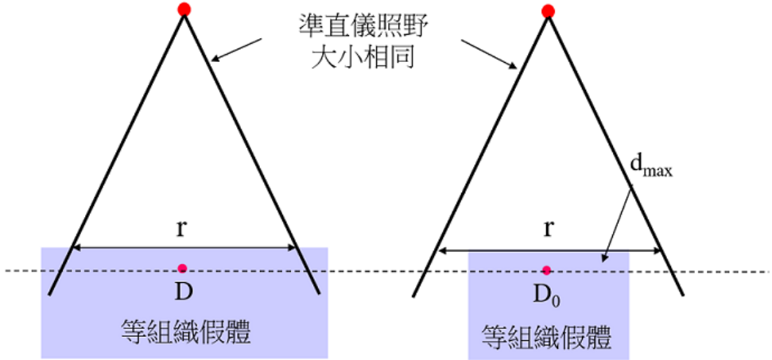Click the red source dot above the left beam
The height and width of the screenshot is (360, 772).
tap(184, 9)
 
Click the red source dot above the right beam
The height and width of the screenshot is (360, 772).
tap(548, 11)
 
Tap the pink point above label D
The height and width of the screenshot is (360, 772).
tap(183, 268)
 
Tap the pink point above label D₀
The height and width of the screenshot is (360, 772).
tap(546, 270)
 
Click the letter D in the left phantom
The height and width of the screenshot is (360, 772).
tap(183, 292)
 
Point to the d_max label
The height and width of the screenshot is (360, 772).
tap(651, 169)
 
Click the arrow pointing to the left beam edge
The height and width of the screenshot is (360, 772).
tap(236, 50)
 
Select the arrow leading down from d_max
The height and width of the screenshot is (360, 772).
tap(618, 225)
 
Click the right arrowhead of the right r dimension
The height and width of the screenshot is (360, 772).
tap(656, 251)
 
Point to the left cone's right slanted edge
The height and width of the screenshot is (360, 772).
tap(252, 153)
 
